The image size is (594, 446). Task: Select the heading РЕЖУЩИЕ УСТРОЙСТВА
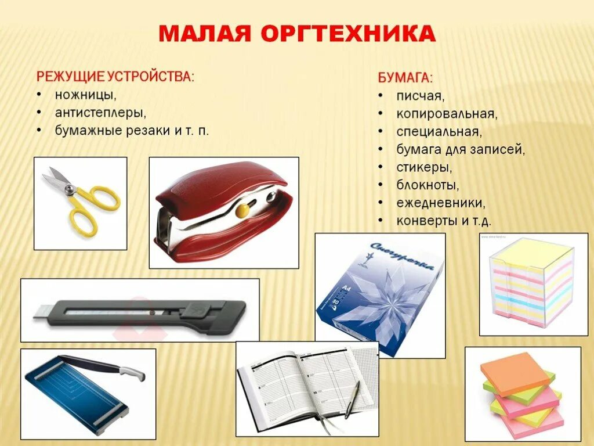115,77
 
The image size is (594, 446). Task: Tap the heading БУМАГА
405,78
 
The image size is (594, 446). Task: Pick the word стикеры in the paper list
424,167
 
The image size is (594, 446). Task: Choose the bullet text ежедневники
441,203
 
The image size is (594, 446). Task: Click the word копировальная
447,113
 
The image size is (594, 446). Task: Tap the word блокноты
428,185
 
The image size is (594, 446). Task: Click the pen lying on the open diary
352,400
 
